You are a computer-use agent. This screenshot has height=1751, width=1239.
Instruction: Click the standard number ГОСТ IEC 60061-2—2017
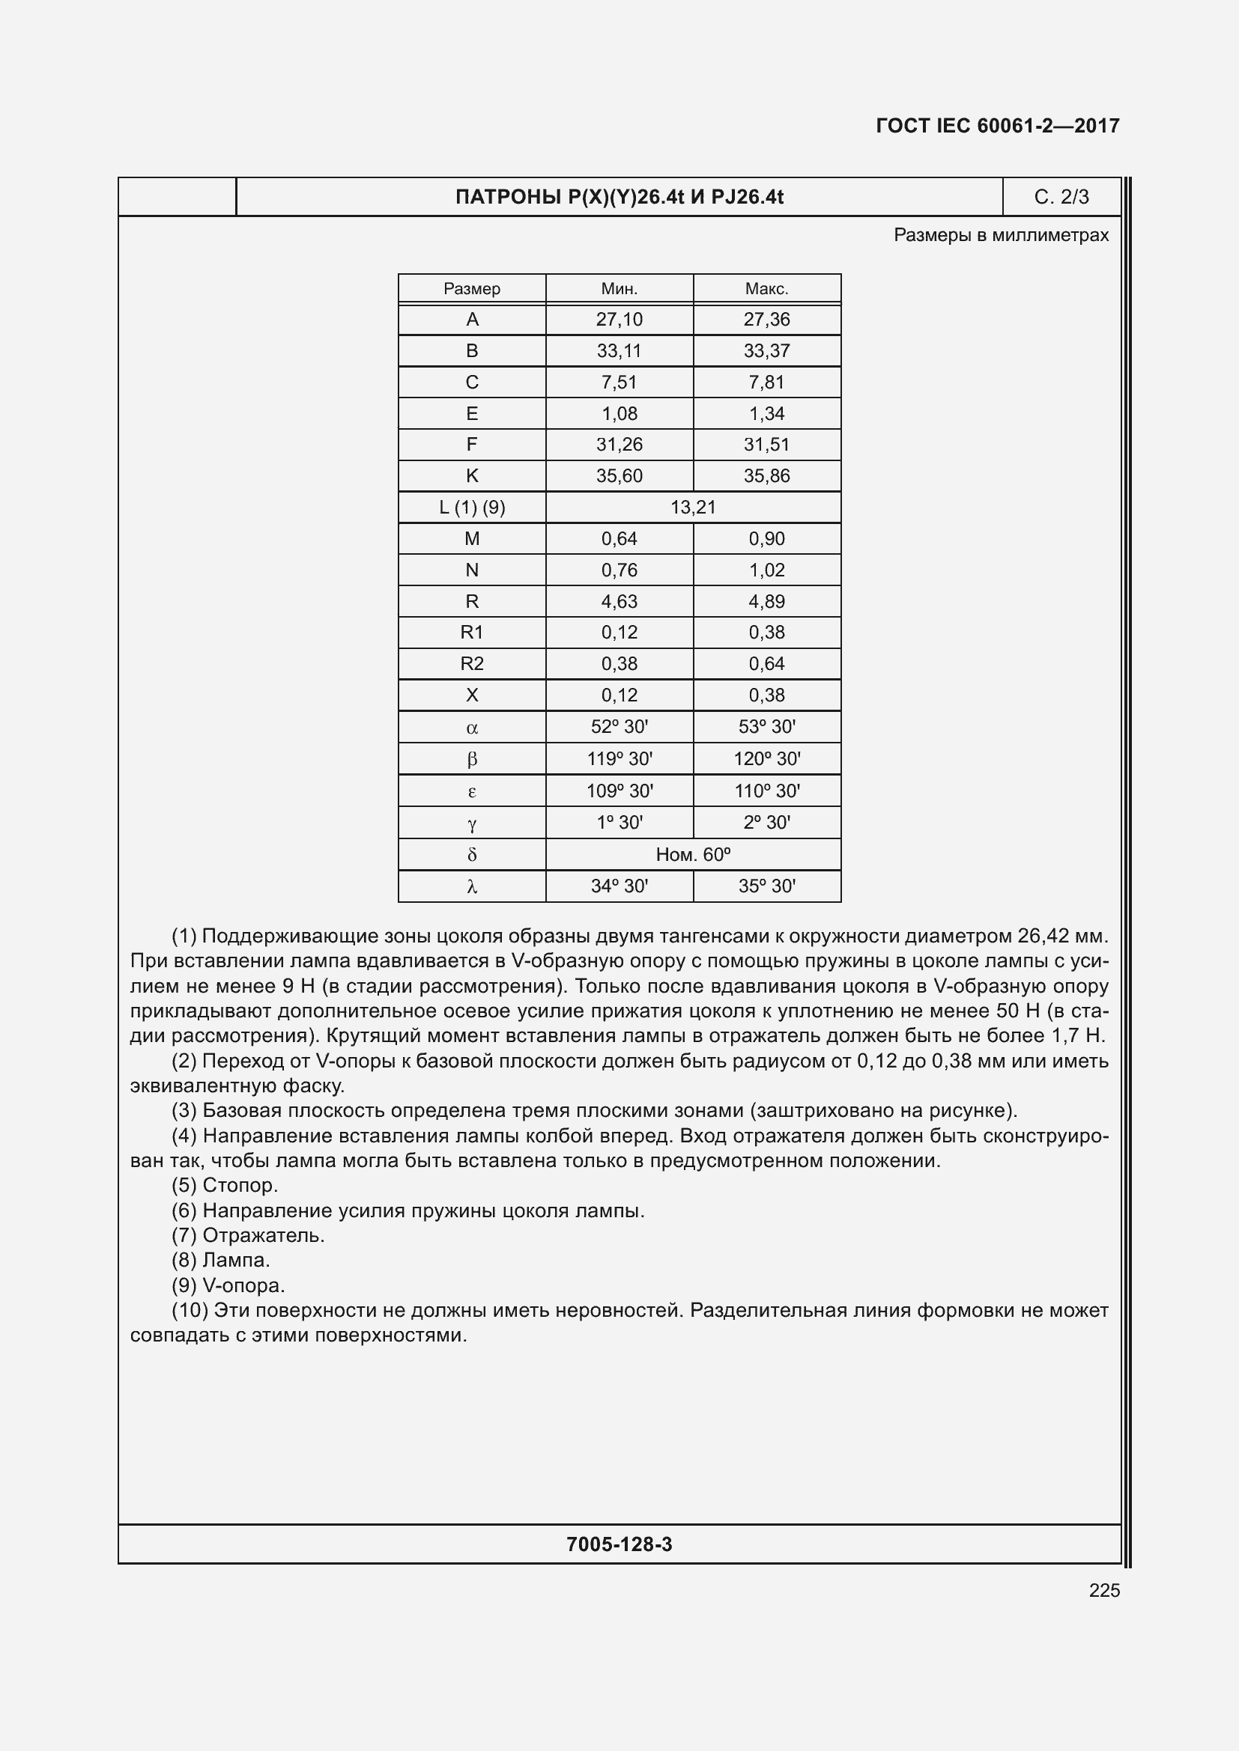point(997,126)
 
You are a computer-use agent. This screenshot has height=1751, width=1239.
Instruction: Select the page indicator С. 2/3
point(1061,198)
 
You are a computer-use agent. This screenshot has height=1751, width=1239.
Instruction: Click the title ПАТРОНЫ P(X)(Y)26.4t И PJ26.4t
point(619,198)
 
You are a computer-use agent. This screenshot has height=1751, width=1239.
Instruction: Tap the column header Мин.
point(619,289)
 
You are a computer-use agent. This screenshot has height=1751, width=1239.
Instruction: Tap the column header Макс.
point(766,289)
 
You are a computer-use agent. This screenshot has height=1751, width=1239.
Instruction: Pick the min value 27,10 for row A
point(619,320)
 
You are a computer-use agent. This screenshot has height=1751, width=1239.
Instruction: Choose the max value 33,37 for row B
point(766,351)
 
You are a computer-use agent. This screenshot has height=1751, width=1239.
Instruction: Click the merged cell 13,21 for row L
point(693,507)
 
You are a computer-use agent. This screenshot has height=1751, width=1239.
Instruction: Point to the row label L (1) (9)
point(471,507)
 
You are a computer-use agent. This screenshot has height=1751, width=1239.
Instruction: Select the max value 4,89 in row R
point(766,601)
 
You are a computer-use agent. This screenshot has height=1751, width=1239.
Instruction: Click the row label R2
point(471,663)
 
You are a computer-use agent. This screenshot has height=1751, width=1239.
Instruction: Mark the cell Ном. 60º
point(693,854)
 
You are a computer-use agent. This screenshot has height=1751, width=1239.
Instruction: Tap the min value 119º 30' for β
point(619,759)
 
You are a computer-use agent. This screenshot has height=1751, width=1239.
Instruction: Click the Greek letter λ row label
point(471,886)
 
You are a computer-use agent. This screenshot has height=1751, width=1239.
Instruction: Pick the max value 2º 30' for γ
point(766,822)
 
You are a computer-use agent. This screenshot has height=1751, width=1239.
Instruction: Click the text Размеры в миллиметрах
point(1000,235)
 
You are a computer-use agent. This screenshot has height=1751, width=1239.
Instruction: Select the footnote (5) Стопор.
point(224,1185)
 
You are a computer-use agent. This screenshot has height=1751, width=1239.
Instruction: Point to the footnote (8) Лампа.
point(220,1260)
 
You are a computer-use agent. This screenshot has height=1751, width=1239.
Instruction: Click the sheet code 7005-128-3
point(619,1544)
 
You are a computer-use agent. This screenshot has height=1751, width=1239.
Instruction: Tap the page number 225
point(1104,1590)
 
